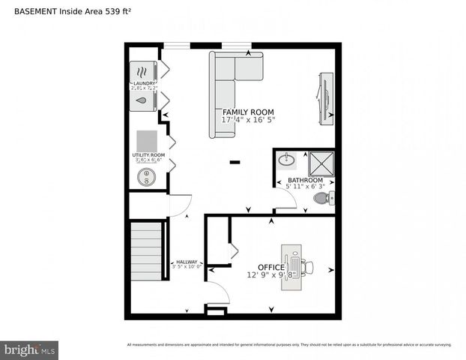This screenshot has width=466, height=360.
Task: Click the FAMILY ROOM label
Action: [243, 112]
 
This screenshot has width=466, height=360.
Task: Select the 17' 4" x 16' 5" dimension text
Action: [249, 120]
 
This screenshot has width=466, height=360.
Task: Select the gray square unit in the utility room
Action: [147, 140]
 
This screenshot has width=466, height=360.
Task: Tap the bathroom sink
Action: [287, 160]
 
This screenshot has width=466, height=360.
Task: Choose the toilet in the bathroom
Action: [324, 198]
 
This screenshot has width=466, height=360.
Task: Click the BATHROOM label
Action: [305, 181]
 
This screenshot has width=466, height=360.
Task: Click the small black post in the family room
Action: [234, 161]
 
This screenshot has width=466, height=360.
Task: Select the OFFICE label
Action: [270, 267]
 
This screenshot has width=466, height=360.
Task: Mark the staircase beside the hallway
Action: [147, 250]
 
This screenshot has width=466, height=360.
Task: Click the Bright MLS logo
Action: [30, 349]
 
